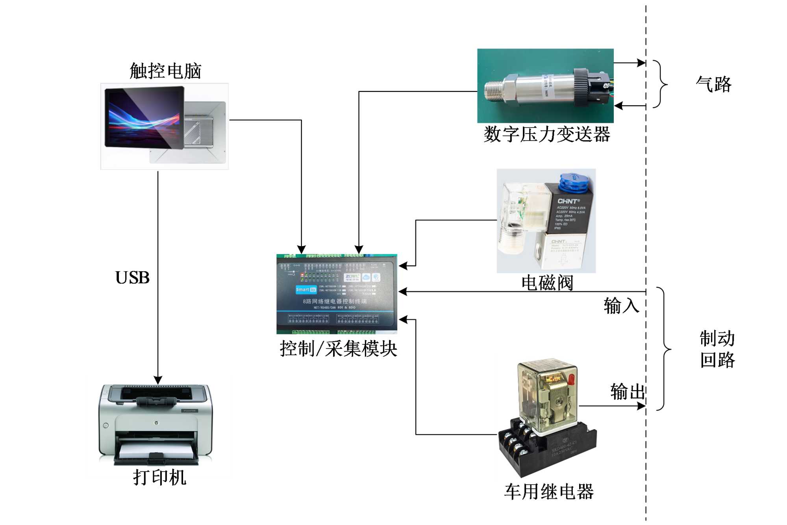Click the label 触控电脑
[165, 71]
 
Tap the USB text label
[132, 278]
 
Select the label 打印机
[159, 477]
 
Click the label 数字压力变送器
[547, 134]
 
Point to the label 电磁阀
[547, 283]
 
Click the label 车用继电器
[549, 492]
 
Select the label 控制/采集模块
[338, 349]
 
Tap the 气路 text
[713, 84]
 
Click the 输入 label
[621, 306]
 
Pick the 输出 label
[628, 392]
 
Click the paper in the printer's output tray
[157, 449]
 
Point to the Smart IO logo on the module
[306, 289]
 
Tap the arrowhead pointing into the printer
[158, 380]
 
